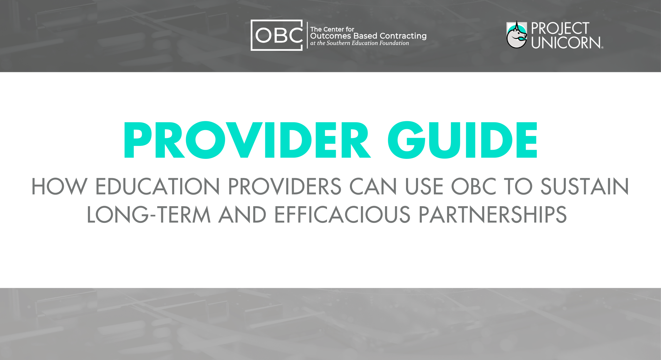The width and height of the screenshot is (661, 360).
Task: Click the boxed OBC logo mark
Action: pos(276,35)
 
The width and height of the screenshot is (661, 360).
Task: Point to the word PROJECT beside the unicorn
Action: pos(560,28)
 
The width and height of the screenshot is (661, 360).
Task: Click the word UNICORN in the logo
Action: pos(566,43)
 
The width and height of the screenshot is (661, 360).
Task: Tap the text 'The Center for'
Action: pos(332,29)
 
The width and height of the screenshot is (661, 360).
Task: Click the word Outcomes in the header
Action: pos(331,36)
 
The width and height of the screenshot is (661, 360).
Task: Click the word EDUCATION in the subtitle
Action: pos(157,187)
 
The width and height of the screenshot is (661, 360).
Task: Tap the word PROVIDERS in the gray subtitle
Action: pos(284,187)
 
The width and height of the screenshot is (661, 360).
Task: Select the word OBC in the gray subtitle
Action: pos(474,187)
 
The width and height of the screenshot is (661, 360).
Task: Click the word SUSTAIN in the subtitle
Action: pos(585,187)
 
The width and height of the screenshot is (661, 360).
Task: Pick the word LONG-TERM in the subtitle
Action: pos(149,215)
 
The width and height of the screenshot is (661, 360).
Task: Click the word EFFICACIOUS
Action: pos(342,215)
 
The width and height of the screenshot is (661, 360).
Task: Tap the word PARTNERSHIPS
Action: pos(492,215)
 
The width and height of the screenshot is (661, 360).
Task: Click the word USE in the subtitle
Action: pos(424,187)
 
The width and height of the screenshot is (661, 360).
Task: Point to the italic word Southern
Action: pos(338,43)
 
